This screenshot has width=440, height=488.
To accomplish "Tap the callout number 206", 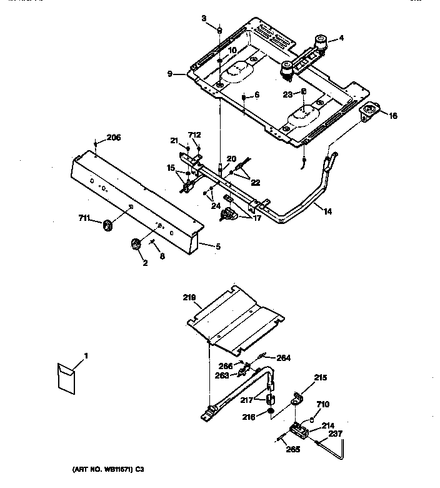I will pyautogui.click(x=113, y=138).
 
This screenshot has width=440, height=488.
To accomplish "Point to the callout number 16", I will pyautogui.click(x=392, y=116).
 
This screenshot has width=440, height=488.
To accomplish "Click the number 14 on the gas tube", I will pyautogui.click(x=327, y=212).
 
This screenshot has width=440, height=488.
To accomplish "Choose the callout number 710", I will pyautogui.click(x=322, y=405).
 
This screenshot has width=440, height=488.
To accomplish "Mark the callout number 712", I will pyautogui.click(x=194, y=135).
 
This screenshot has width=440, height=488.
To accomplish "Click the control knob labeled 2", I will pyautogui.click(x=135, y=245).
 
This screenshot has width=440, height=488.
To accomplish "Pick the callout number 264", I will pyautogui.click(x=284, y=358).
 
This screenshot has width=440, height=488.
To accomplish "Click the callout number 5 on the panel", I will pyautogui.click(x=217, y=246).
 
